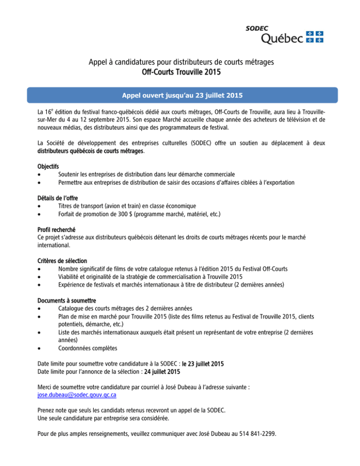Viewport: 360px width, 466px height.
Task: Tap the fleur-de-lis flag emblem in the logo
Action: tap(315, 37)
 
